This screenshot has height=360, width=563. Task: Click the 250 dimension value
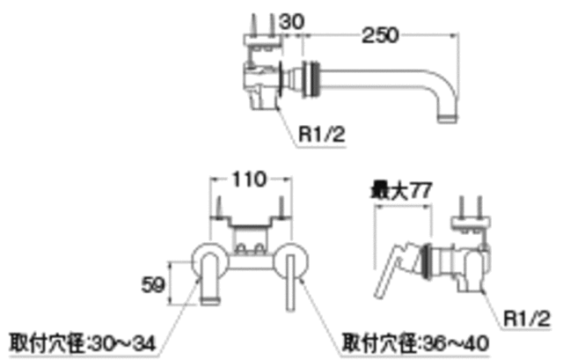[x=380, y=35]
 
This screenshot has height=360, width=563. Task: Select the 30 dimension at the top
[x=292, y=21]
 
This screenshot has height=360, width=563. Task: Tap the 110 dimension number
[x=250, y=179]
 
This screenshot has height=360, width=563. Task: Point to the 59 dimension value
[x=153, y=285]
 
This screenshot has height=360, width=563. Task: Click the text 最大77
[x=401, y=190]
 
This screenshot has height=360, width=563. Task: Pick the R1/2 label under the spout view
[x=322, y=135]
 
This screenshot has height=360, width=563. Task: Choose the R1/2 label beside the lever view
[x=527, y=318]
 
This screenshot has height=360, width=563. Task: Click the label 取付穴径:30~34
[x=83, y=343]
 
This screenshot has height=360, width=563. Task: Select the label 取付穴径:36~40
[x=415, y=343]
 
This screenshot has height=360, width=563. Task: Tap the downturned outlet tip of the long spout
[x=448, y=118]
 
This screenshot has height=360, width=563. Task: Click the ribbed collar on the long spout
[x=311, y=79]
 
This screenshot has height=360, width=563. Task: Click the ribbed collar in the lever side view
[x=426, y=261]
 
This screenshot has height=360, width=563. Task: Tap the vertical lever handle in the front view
[x=290, y=283]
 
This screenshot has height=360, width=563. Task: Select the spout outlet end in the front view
[x=210, y=300]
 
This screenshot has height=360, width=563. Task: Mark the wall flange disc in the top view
[x=282, y=79]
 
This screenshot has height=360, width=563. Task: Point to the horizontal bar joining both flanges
[x=250, y=262]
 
